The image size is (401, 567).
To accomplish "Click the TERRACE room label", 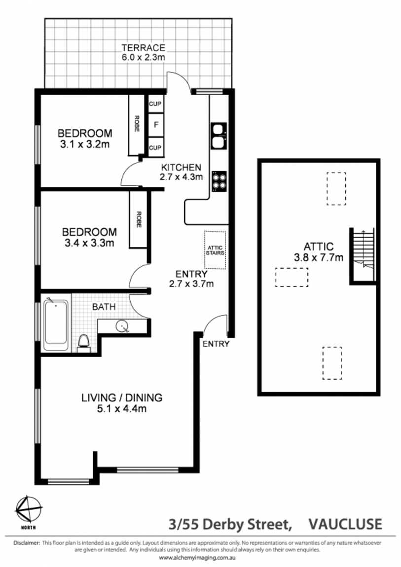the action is (x=143, y=48).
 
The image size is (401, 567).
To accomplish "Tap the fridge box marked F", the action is (x=156, y=125).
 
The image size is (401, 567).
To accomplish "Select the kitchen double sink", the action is (x=219, y=136).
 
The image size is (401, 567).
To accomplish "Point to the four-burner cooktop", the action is (x=219, y=181).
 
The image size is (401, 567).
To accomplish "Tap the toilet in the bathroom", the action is (x=83, y=343).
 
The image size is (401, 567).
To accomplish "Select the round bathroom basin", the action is (x=122, y=326).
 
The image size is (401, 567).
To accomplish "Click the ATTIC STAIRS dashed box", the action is (x=215, y=250).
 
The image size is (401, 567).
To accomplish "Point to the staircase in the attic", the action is (x=363, y=255).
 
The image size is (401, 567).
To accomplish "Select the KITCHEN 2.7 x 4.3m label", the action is (x=181, y=172).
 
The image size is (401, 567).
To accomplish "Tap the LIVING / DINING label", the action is (x=121, y=398).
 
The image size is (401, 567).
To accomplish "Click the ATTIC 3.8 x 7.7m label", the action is (x=319, y=251).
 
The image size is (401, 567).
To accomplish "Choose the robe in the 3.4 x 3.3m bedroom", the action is (x=139, y=219).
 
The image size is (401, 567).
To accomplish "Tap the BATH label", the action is (x=104, y=307).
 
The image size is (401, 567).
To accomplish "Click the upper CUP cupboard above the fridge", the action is (x=155, y=104).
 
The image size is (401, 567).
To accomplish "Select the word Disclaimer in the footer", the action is (x=27, y=543).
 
